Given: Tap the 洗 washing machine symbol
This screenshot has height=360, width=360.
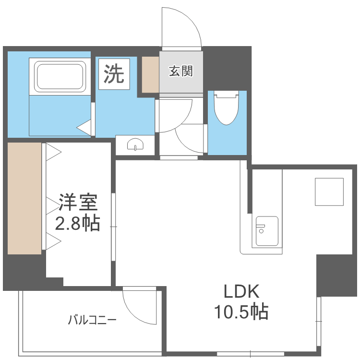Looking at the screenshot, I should click(x=114, y=74).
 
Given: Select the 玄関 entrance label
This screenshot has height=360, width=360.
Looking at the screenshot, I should click(x=180, y=72).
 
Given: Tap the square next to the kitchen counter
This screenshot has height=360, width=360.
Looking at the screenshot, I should click(x=329, y=192).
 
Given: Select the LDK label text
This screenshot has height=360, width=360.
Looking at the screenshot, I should click(x=241, y=292).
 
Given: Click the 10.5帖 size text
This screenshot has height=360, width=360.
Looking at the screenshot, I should click(x=241, y=312).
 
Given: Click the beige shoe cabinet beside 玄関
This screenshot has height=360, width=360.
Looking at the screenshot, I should click(x=150, y=74).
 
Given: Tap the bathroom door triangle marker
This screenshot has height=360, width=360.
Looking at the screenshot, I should click(x=84, y=128).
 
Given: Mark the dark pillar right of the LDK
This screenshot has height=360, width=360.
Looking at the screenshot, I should click(x=336, y=276).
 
